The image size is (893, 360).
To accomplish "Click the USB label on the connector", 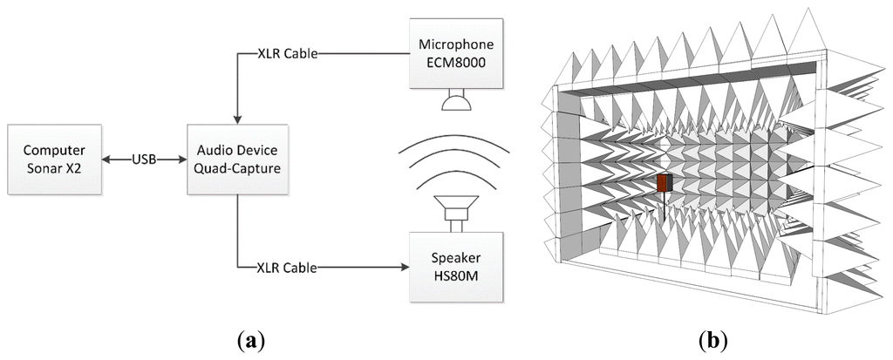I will point(144,160).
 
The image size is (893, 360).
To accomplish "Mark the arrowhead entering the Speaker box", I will point(404,266).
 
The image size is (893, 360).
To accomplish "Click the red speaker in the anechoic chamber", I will point(665,183).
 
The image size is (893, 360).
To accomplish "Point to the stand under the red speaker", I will point(665,207).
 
